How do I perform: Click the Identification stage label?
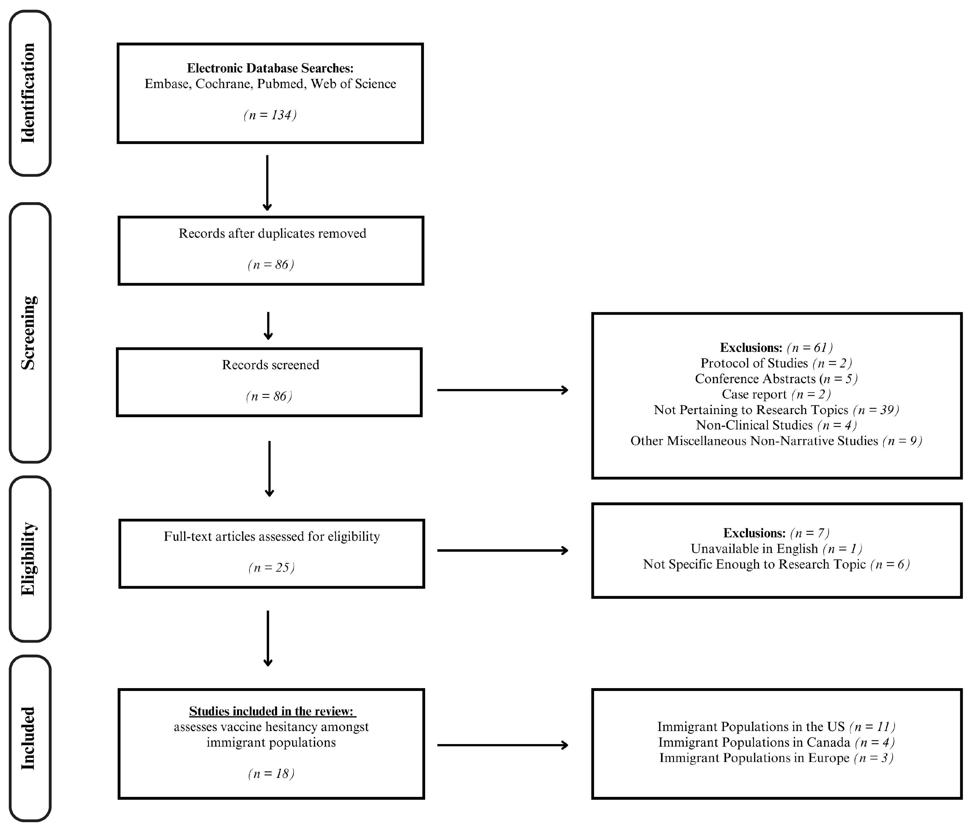click(28, 93)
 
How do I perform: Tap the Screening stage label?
click(28, 333)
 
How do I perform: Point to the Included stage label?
click(28, 739)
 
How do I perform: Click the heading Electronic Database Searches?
click(270, 68)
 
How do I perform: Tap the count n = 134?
click(270, 115)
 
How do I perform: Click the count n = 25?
click(271, 567)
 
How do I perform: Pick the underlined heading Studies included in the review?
click(272, 711)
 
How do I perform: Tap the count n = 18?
click(271, 773)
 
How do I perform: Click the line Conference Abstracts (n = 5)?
click(776, 379)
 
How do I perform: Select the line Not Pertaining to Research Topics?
click(776, 410)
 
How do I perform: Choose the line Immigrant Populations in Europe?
click(776, 757)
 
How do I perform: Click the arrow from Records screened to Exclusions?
click(503, 390)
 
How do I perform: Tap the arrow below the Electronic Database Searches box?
click(267, 182)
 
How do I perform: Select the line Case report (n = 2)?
click(776, 394)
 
